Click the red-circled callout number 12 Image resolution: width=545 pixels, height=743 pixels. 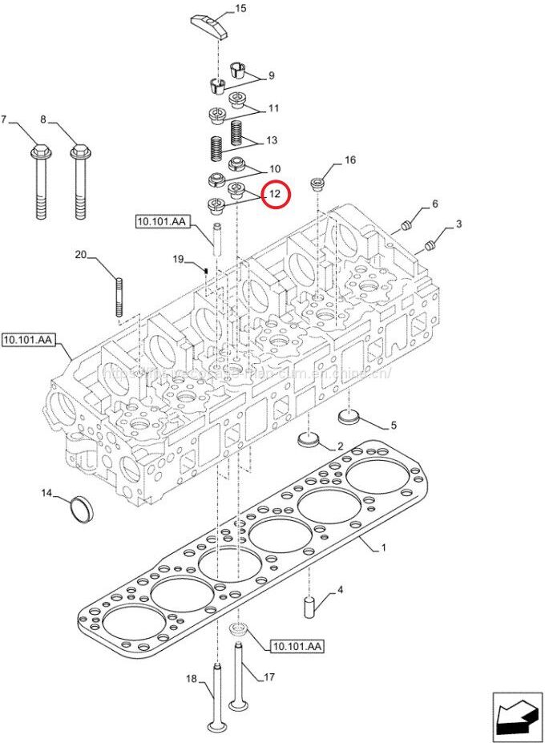[x=275, y=194]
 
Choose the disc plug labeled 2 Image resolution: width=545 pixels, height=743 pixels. [x=309, y=438]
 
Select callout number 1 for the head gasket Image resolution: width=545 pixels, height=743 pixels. [x=383, y=548]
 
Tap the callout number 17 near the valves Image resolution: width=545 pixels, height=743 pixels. [x=269, y=676]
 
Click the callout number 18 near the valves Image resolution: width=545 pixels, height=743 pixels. [x=191, y=679]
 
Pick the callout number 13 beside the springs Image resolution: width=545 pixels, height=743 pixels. [x=272, y=141]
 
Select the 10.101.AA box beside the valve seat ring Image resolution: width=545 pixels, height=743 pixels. [x=297, y=646]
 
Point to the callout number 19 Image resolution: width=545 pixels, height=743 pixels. [x=179, y=259]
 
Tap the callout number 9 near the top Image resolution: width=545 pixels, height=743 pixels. [x=271, y=76]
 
